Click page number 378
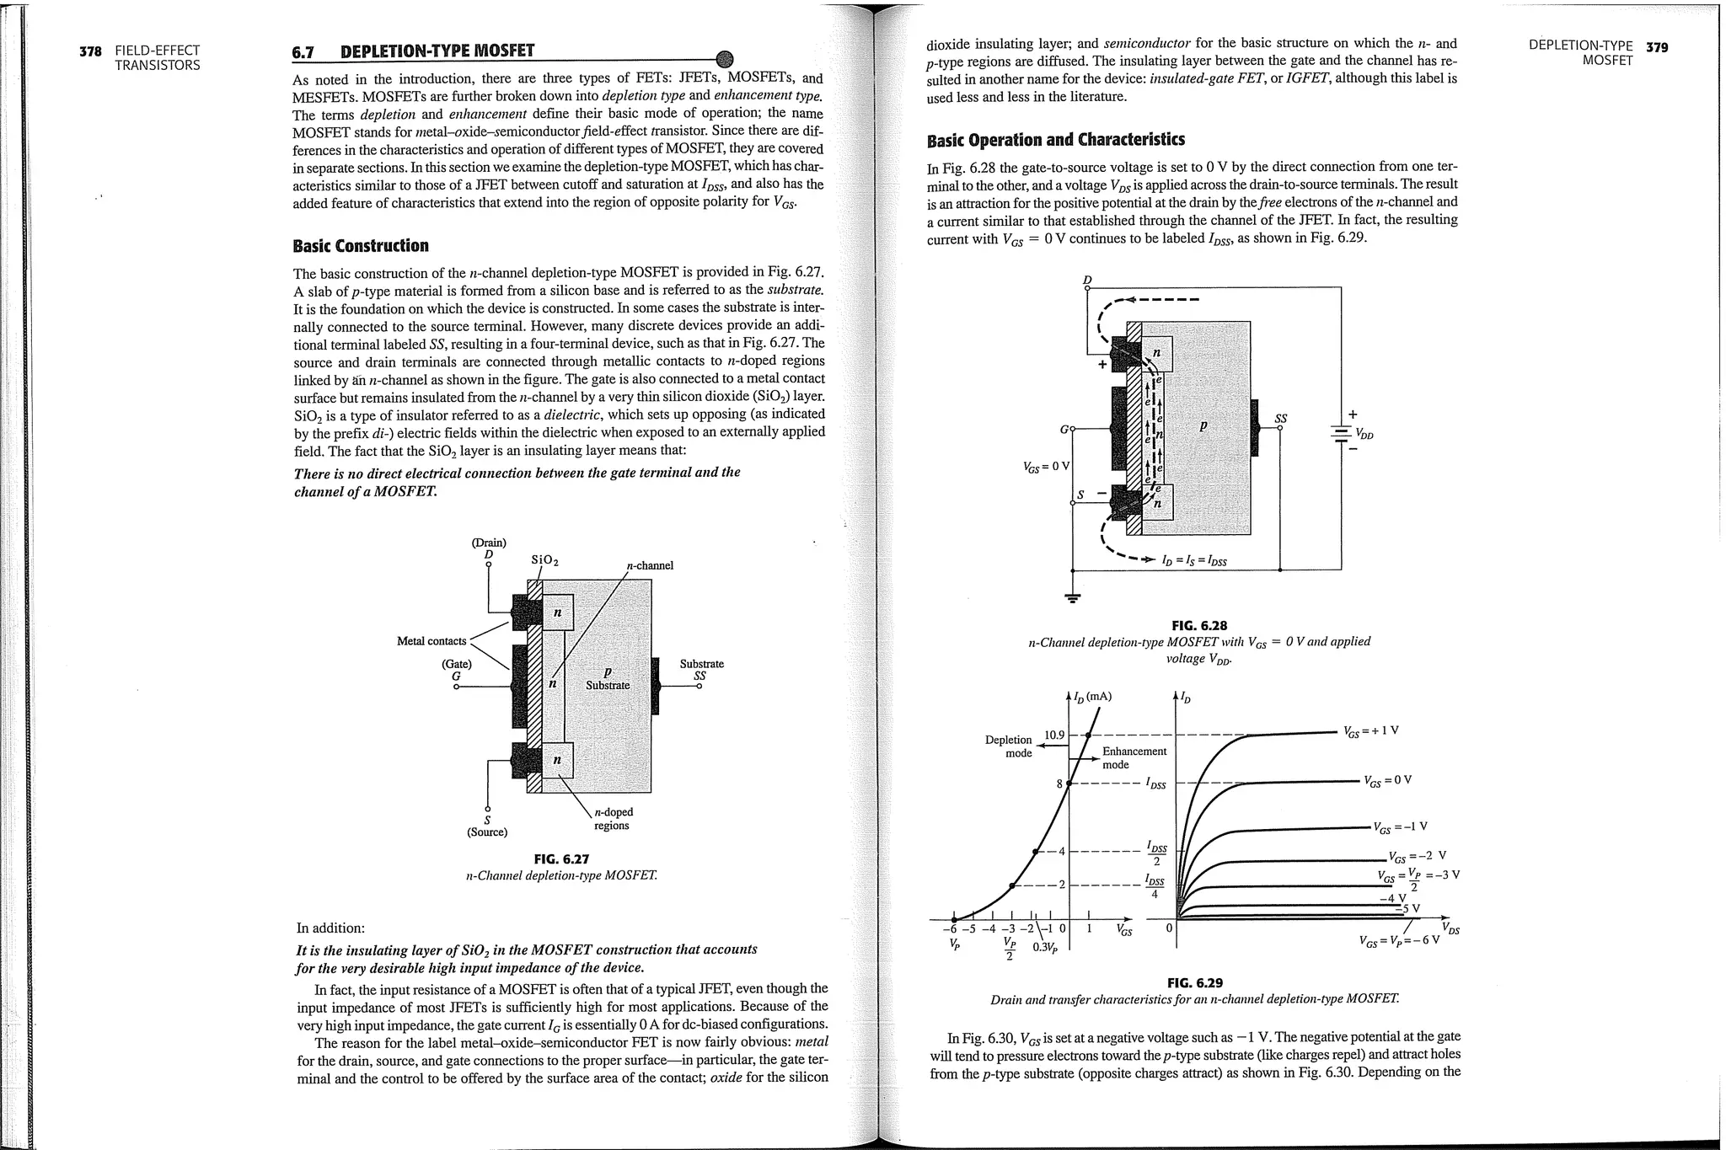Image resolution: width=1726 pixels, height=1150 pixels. click(90, 51)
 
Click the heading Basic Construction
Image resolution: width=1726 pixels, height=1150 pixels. click(360, 246)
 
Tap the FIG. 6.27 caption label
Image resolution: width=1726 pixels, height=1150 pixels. click(561, 859)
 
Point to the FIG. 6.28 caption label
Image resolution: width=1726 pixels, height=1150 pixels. click(1199, 625)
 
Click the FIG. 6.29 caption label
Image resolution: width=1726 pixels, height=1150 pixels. click(1194, 982)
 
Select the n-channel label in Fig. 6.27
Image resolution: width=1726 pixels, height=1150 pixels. click(650, 565)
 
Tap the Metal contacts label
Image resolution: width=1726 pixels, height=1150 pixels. click(431, 641)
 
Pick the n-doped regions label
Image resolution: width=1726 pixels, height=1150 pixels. click(613, 819)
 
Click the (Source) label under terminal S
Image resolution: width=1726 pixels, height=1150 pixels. click(487, 832)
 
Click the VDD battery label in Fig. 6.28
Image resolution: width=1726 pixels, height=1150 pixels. click(1364, 435)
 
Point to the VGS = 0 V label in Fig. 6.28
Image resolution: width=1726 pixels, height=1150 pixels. click(1045, 466)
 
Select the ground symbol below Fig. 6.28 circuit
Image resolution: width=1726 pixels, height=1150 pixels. click(1072, 599)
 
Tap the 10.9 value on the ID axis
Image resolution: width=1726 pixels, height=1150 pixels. click(1053, 735)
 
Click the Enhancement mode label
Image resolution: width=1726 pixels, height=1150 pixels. click(1134, 757)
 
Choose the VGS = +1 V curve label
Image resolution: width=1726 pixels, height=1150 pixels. click(1371, 730)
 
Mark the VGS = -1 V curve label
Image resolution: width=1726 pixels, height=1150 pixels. click(1399, 827)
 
